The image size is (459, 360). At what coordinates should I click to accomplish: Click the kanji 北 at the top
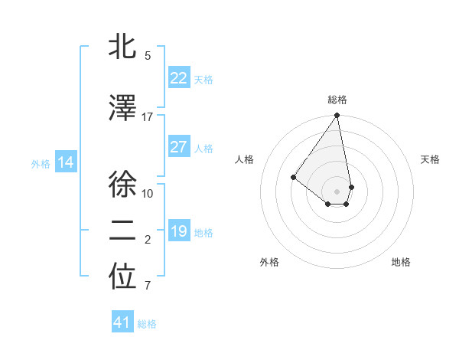[x=122, y=47]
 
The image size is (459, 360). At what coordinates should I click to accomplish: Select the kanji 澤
[x=122, y=109]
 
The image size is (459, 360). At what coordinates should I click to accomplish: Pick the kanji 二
[x=122, y=232]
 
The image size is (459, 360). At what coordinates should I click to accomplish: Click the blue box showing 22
[x=178, y=77]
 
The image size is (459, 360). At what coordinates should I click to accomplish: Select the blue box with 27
[x=178, y=147]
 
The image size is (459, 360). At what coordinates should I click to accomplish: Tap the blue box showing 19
[x=178, y=231]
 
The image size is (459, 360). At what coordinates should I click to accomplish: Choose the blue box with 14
[x=66, y=162]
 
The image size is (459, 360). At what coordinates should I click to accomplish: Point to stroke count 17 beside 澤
[x=148, y=117]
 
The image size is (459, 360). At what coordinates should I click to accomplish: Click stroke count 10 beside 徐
[x=148, y=193]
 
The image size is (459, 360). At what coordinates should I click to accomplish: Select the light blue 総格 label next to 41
[x=147, y=324]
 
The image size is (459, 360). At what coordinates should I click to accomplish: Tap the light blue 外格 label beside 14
[x=41, y=163]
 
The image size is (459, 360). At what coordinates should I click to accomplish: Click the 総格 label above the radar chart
[x=337, y=100]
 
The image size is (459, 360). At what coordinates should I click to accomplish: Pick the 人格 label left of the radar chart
[x=245, y=159]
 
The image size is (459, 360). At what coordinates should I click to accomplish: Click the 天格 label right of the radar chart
[x=430, y=159]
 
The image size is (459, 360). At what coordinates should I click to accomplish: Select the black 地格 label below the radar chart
[x=401, y=262]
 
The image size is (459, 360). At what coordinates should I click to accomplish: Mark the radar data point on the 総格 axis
[x=337, y=116]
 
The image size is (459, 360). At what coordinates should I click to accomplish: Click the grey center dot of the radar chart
[x=337, y=191]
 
